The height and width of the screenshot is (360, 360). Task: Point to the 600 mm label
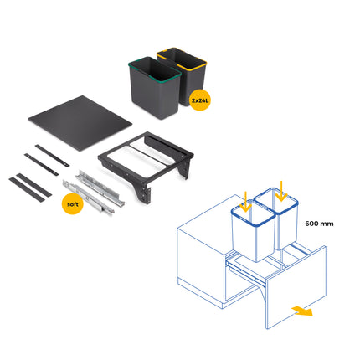click(319, 224)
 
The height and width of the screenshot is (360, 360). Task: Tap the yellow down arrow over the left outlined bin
click(246, 201)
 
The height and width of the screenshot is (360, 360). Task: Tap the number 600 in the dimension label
click(313, 224)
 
